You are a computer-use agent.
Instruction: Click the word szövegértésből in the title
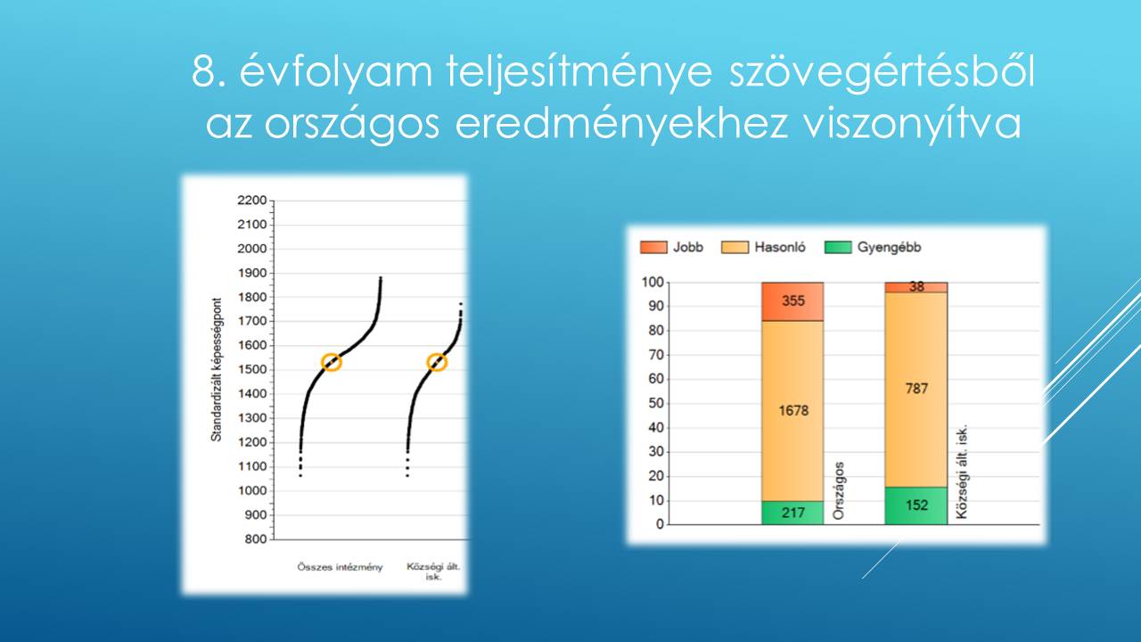pos(882,72)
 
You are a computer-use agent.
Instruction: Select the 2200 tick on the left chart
pos(251,201)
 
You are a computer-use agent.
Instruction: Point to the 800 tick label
pos(256,539)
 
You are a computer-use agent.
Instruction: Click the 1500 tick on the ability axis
pos(251,369)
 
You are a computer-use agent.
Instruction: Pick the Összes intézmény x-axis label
pos(340,567)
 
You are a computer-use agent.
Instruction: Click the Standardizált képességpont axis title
pos(217,369)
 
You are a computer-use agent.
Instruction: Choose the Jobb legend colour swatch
pos(653,247)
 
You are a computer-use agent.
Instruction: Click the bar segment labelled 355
pos(792,301)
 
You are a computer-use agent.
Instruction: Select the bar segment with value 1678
pos(792,411)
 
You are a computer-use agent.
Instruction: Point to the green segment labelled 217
pos(792,513)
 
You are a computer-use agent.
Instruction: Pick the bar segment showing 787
pos(916,390)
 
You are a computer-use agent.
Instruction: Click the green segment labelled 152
pos(916,506)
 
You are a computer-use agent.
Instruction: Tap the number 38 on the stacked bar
pos(917,287)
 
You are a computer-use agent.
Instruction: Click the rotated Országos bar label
pos(839,490)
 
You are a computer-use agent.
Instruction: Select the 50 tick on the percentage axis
pos(656,403)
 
